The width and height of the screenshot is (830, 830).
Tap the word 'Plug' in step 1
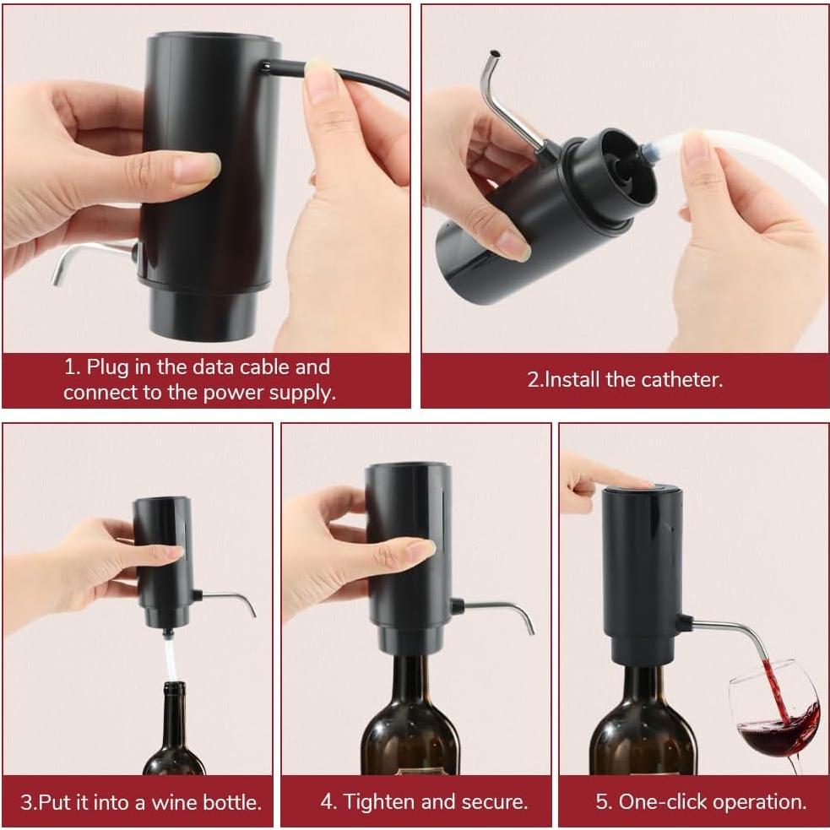(106, 367)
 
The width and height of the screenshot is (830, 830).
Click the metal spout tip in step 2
(487, 59)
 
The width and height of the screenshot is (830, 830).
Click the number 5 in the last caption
(602, 800)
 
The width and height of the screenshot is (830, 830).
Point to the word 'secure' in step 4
(493, 800)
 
